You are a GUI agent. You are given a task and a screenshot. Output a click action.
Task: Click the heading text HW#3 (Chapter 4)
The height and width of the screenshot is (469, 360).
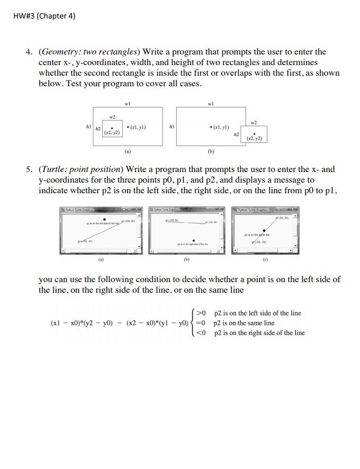click(x=44, y=16)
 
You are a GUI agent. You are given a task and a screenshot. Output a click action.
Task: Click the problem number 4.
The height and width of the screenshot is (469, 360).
click(x=30, y=52)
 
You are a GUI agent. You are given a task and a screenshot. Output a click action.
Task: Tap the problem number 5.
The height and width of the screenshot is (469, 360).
click(x=30, y=169)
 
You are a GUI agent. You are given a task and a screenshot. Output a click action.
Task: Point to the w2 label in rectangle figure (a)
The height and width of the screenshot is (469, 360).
click(x=112, y=116)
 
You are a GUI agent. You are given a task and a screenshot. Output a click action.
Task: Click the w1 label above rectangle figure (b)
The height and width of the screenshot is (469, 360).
click(x=211, y=103)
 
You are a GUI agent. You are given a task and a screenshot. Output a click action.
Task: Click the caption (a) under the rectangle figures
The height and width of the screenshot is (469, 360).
click(x=127, y=151)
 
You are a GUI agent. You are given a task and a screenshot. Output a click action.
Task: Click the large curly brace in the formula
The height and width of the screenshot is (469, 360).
click(x=194, y=323)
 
